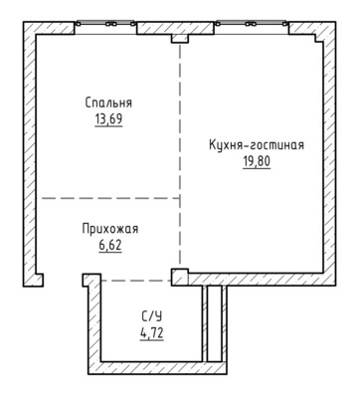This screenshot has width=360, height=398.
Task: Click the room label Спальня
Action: tap(108, 102)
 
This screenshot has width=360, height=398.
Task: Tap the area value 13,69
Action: tap(108, 119)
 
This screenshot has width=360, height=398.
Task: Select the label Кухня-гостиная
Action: tap(257, 145)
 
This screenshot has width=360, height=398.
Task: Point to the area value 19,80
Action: tap(257, 162)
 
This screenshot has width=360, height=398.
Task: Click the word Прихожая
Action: tap(110, 229)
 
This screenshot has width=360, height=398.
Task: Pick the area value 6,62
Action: tap(110, 246)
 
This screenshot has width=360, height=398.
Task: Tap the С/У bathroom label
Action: tap(152, 316)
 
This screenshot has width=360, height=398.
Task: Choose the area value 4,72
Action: tap(152, 333)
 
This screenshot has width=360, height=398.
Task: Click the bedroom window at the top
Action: tap(105, 24)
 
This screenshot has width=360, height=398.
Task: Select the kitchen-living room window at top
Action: tap(251, 24)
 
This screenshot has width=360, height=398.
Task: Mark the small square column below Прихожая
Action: tap(180, 277)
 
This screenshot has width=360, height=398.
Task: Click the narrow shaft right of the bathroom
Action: tap(214, 323)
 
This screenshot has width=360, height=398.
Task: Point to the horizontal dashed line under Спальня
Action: tap(110, 198)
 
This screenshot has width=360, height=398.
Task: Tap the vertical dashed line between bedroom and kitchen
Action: tap(180, 153)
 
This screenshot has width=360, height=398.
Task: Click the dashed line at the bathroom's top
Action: tap(136, 281)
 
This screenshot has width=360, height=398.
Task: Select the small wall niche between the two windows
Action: tap(180, 39)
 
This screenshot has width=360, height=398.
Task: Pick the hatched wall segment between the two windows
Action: tap(175, 28)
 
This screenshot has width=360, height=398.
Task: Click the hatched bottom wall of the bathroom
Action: tap(157, 367)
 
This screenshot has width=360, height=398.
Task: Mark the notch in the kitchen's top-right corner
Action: tap(319, 38)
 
